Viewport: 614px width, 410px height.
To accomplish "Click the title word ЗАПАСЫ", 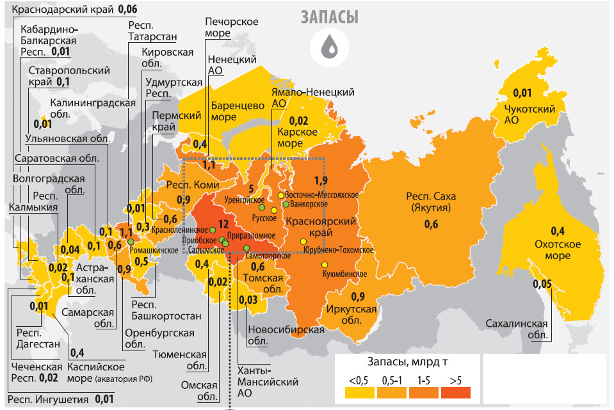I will pos(330,17).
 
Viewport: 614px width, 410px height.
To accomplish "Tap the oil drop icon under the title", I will pos(330,46).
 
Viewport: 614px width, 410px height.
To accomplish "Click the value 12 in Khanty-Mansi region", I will pos(223,224).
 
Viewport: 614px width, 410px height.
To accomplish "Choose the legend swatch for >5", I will pos(455,392).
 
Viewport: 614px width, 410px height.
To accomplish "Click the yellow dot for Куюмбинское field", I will pos(325,264).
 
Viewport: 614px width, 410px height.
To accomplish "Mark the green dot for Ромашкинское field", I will pos(131,242).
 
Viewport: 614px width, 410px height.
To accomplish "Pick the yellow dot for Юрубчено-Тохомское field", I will pos(303,241).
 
